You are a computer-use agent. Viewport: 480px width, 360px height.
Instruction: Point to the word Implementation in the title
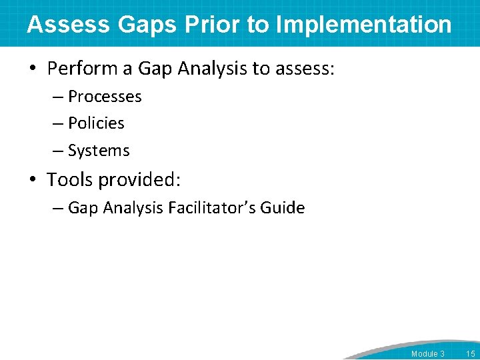pos(363,25)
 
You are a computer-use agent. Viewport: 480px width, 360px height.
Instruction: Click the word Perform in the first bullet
pos(84,69)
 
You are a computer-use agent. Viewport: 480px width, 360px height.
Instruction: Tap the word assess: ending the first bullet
pos(303,69)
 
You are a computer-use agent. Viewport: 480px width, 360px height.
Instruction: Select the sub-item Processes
pos(105,97)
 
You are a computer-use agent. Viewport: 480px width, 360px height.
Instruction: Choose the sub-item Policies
pos(96,123)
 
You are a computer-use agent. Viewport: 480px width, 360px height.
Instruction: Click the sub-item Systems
pos(99,151)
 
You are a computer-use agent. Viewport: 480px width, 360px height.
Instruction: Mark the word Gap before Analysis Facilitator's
pos(83,208)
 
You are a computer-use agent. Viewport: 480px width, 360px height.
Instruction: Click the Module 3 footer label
pos(427,353)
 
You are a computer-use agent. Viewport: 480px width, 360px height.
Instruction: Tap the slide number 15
pos(470,353)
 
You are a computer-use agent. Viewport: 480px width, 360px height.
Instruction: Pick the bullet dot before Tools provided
pos(33,180)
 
